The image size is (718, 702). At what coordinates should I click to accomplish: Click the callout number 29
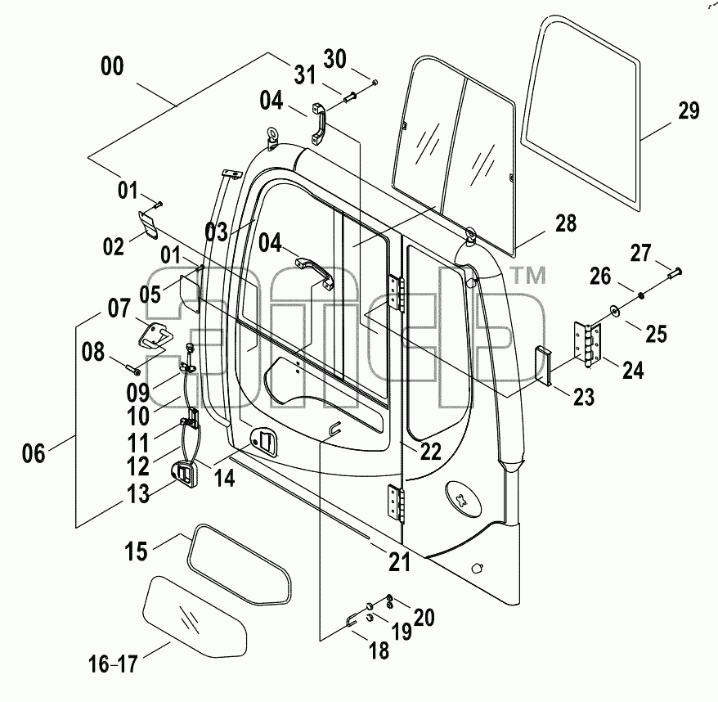click(689, 111)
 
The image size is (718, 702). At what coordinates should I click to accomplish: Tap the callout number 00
click(112, 66)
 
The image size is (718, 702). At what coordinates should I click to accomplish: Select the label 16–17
click(113, 664)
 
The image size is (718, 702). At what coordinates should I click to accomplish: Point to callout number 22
click(430, 452)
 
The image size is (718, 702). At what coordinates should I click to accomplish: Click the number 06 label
click(34, 453)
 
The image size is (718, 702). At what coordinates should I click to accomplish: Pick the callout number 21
click(399, 562)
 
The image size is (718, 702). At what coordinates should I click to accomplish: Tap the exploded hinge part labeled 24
click(587, 344)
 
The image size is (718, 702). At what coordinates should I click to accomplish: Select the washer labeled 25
click(614, 311)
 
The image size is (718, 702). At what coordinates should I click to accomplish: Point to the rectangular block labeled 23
click(543, 365)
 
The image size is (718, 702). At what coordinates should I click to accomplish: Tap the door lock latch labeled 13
click(184, 473)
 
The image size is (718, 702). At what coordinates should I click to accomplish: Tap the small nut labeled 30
click(375, 83)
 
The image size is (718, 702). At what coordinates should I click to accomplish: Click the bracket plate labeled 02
click(148, 224)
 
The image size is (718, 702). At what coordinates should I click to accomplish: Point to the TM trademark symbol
click(528, 276)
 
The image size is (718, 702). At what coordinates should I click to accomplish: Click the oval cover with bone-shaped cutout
click(463, 499)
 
